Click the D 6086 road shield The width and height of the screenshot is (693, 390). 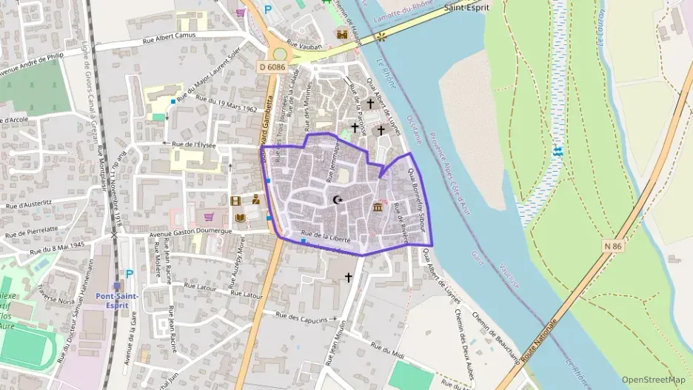[272, 67]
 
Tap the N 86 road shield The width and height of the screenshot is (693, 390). [612, 245]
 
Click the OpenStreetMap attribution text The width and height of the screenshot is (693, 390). [654, 380]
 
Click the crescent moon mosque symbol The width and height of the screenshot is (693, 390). [338, 199]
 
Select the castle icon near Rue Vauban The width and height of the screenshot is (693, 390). [342, 34]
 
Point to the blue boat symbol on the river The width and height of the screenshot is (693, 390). [557, 151]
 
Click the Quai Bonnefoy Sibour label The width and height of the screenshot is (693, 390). [419, 197]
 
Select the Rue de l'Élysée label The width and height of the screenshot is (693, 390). [194, 145]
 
